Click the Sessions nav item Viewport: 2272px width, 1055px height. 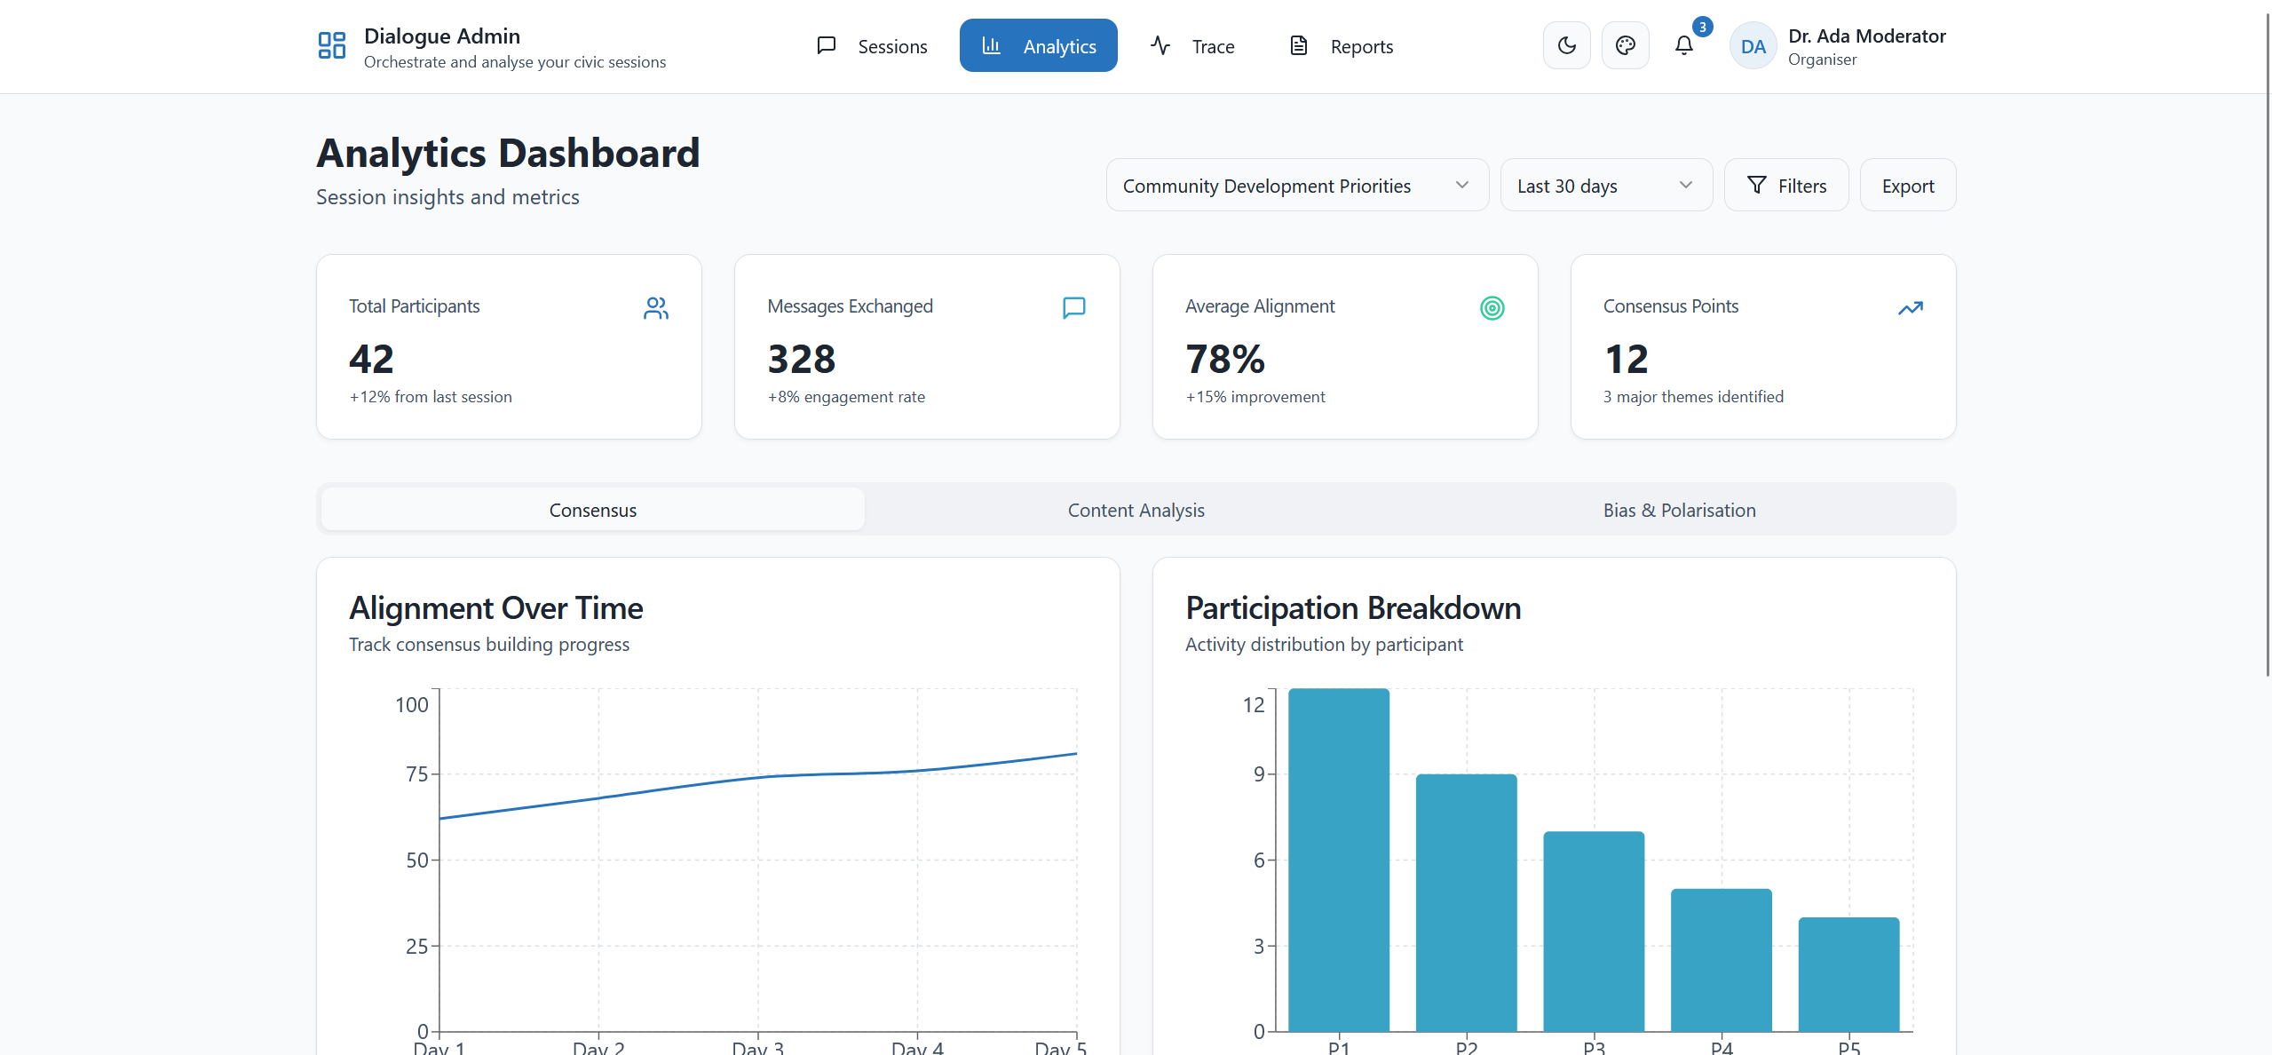[x=872, y=46]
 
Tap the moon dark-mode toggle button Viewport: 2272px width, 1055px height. [x=1566, y=45]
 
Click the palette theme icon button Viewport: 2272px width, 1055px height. [x=1625, y=45]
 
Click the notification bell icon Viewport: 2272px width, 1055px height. [x=1683, y=45]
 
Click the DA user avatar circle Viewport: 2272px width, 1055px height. [x=1753, y=46]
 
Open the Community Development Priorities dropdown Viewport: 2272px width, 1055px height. [x=1296, y=186]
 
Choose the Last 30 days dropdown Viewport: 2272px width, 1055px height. [x=1605, y=186]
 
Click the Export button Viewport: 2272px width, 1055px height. [x=1907, y=186]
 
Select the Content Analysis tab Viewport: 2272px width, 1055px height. [x=1136, y=510]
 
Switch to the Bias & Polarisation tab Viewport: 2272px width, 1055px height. [x=1679, y=510]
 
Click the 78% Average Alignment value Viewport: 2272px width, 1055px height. [x=1224, y=360]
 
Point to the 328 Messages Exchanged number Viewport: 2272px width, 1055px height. [x=801, y=360]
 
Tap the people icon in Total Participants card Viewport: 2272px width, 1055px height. [x=655, y=308]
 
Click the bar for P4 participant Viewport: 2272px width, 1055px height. [x=1721, y=959]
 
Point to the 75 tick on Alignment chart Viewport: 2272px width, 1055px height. [x=416, y=774]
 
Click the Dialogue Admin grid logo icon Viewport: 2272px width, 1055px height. [x=331, y=45]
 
